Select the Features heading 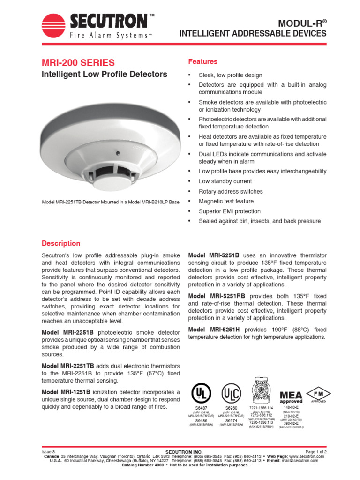tap(202, 61)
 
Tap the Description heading tap(61, 243)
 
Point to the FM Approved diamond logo tap(315, 394)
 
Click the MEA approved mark tap(291, 396)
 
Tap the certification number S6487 tap(201, 408)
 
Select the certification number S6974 tap(231, 420)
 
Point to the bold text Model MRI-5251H tap(214, 330)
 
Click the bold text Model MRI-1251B tap(68, 392)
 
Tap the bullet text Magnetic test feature tap(226, 201)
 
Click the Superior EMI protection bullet tap(229, 211)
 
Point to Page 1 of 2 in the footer tap(312, 451)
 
